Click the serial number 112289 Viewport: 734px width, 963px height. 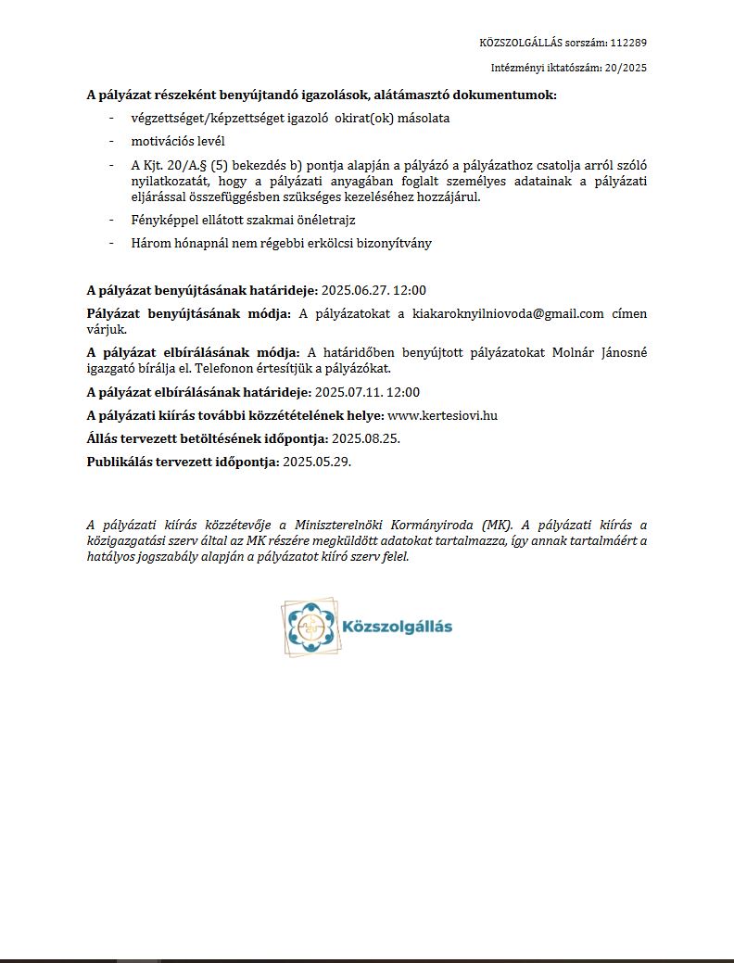coord(628,43)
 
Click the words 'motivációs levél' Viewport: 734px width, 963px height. coord(178,141)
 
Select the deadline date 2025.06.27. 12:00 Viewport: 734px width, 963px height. coord(373,290)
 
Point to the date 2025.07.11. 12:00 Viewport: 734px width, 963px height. coord(367,392)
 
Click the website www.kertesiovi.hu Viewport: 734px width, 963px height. coord(442,415)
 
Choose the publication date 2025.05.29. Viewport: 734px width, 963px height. coord(317,462)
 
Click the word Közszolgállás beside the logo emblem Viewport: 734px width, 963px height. coord(398,627)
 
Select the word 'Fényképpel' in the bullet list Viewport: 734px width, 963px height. coord(163,220)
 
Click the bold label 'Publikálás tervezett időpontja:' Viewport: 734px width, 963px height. coord(183,462)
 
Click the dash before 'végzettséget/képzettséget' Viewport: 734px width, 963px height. coord(112,118)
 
